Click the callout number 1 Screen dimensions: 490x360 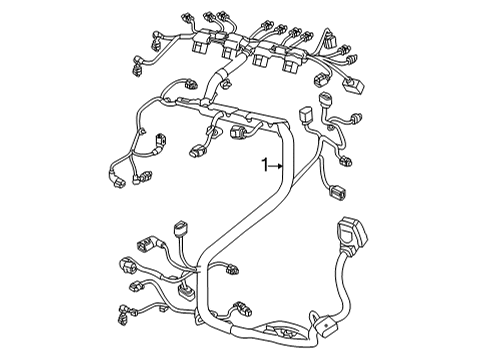point(265,165)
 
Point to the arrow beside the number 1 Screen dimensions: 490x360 point(276,165)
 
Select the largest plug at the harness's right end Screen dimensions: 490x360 point(352,232)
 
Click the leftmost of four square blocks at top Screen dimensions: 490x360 point(201,42)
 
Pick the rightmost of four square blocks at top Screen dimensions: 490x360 point(292,62)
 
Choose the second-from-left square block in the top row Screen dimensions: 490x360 point(231,47)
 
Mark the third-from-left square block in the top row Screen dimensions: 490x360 point(262,55)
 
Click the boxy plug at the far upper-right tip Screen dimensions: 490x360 point(354,85)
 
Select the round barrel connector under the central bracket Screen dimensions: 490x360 point(238,131)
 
